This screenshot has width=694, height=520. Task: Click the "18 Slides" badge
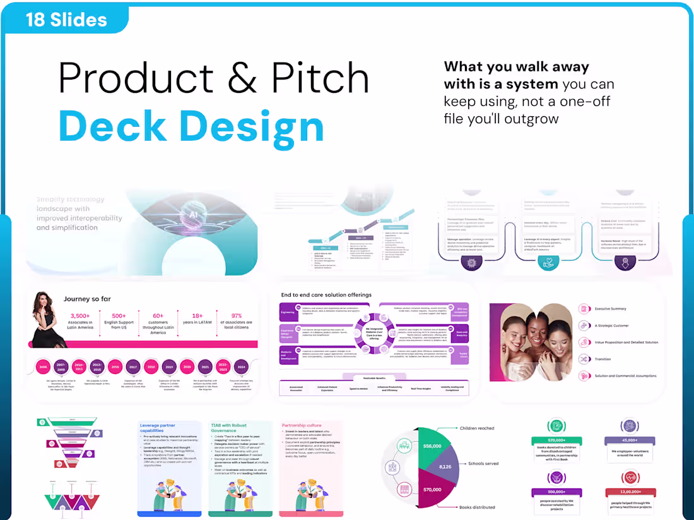click(66, 19)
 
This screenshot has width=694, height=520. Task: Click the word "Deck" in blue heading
click(113, 126)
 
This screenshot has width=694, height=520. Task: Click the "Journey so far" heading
click(88, 298)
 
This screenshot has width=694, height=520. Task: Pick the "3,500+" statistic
click(80, 316)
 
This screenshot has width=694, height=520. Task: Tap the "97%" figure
click(237, 316)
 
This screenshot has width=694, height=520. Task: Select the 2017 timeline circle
click(133, 366)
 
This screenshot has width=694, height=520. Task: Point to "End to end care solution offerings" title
click(326, 294)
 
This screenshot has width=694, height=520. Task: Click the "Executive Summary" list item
click(609, 309)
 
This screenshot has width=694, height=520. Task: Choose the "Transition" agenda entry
click(603, 359)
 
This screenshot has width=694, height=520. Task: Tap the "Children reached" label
click(495, 428)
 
